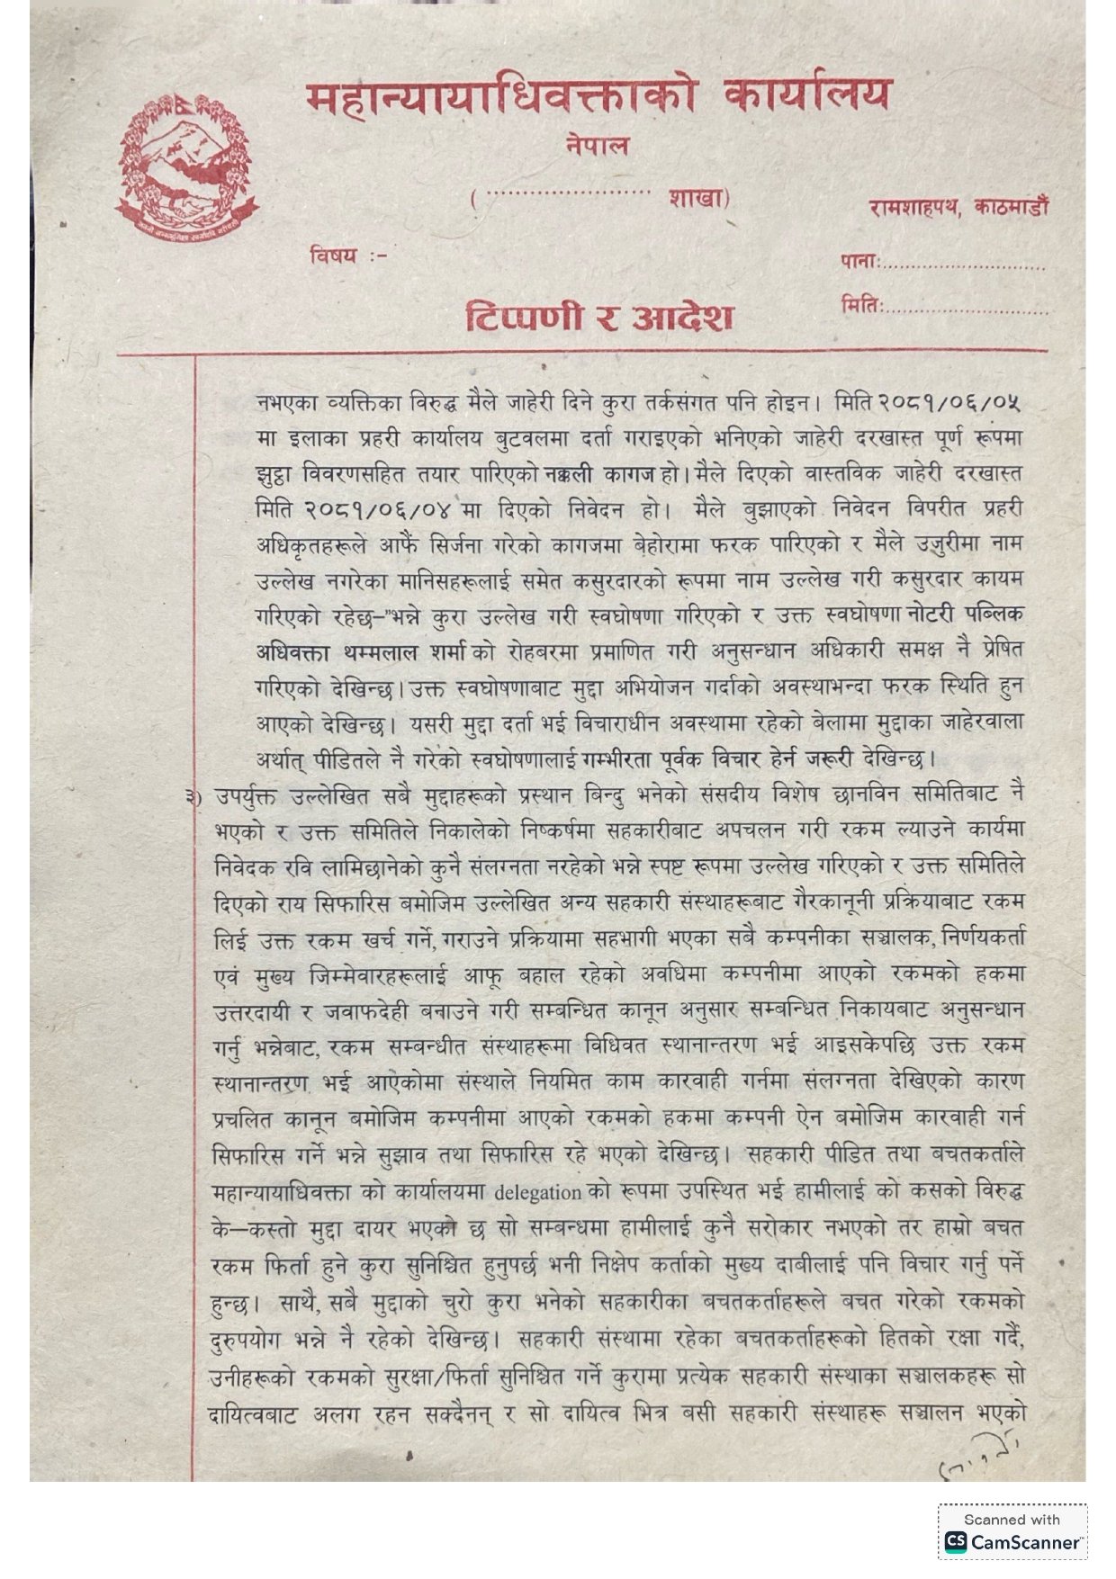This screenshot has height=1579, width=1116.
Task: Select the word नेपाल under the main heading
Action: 598,146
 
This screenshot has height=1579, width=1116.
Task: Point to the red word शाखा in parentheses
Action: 697,198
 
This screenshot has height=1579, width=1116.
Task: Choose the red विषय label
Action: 334,255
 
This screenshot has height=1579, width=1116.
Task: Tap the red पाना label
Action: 859,262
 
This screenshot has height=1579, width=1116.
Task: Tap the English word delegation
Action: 537,1193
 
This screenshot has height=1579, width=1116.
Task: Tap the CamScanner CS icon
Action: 955,1542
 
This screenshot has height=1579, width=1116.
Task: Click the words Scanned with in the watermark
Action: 1012,1520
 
